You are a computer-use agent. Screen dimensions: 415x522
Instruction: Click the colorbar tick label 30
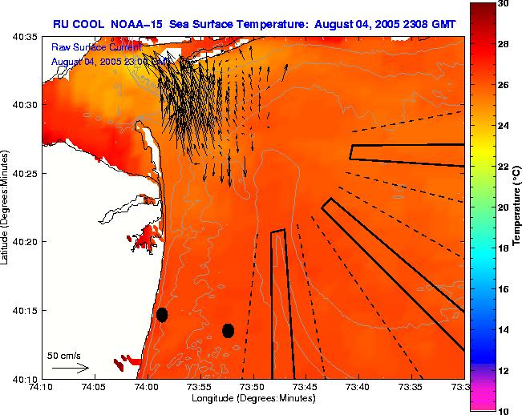(x=504, y=4)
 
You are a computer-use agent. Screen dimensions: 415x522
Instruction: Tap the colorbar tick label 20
(x=504, y=207)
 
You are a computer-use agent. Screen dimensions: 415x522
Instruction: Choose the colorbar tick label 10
(x=504, y=410)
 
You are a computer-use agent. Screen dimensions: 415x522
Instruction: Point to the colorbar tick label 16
(x=504, y=288)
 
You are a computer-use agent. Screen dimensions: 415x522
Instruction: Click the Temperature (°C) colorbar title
(x=517, y=207)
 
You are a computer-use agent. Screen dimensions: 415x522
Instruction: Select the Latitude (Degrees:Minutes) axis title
(x=6, y=207)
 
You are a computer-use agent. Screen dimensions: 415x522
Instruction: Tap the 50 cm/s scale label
(x=64, y=355)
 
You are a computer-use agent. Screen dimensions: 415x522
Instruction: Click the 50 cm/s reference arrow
(x=71, y=368)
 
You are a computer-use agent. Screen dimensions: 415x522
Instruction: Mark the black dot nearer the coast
(x=162, y=314)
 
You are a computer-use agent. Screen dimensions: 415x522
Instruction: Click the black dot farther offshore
(x=228, y=330)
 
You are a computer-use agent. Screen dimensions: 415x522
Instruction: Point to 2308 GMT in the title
(x=431, y=25)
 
